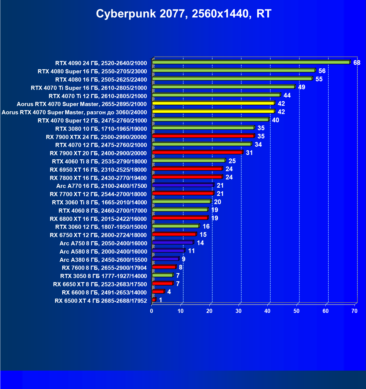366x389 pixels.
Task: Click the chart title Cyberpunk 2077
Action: tap(184, 13)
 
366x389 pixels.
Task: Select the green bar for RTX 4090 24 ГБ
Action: tap(251, 62)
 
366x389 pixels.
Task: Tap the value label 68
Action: tap(357, 63)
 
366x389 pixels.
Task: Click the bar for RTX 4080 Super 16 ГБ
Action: tap(234, 71)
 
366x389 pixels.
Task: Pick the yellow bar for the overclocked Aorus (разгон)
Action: tap(213, 112)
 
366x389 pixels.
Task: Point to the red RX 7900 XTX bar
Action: tap(203, 136)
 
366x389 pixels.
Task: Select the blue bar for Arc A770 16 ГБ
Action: tap(183, 185)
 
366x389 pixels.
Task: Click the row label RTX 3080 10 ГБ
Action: tap(101, 129)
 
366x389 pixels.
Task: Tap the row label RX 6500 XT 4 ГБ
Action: tap(101, 301)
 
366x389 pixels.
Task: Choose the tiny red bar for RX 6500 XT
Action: tap(154, 300)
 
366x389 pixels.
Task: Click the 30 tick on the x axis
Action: tap(239, 311)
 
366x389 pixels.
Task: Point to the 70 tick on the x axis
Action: tap(354, 311)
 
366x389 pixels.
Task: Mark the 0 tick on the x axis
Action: tap(152, 311)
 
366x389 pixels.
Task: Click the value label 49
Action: tap(302, 87)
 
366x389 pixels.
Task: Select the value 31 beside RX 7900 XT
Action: tap(249, 153)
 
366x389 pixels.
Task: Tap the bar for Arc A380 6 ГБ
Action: tap(165, 259)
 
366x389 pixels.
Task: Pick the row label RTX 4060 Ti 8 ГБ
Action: tap(99, 162)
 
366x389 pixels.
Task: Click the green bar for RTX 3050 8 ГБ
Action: tap(162, 275)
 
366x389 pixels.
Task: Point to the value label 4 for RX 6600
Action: tap(169, 292)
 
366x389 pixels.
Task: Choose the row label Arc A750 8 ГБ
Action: tap(103, 243)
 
